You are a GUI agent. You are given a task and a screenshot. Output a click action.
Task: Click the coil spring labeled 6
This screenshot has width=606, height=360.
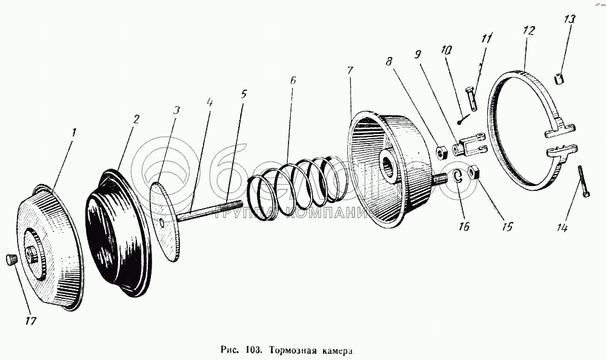[297, 179]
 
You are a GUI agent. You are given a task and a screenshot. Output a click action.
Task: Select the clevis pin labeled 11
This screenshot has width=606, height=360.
[473, 94]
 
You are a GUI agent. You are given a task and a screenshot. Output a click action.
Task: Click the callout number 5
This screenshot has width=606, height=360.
[244, 94]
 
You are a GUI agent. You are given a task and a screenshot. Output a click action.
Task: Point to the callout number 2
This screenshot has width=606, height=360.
[135, 119]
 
